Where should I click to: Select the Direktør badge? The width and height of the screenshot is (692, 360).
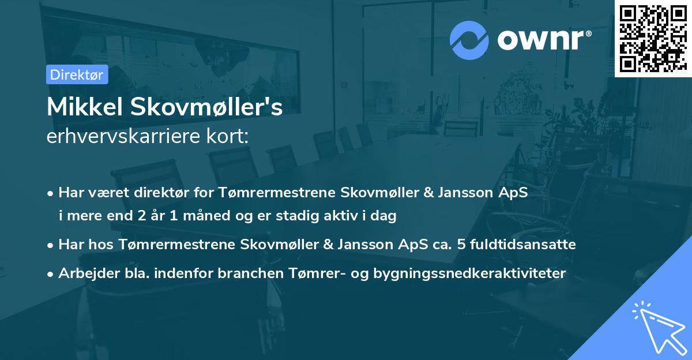(77, 74)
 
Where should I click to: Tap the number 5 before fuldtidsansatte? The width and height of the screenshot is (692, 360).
(461, 244)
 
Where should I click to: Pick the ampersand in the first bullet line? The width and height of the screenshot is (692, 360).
(428, 192)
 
